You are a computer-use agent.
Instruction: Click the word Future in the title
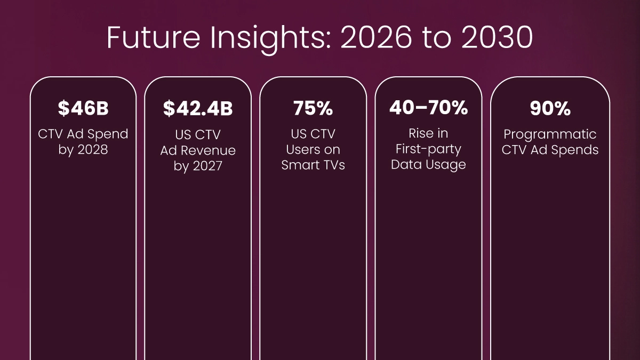pyautogui.click(x=154, y=37)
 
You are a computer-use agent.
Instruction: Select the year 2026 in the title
pyautogui.click(x=377, y=37)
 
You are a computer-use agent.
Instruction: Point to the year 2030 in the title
pyautogui.click(x=497, y=37)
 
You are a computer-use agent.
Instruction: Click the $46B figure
pyautogui.click(x=83, y=108)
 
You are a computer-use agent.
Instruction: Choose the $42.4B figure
pyautogui.click(x=198, y=108)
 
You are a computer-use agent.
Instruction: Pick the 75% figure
pyautogui.click(x=313, y=108)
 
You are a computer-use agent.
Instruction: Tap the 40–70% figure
pyautogui.click(x=429, y=108)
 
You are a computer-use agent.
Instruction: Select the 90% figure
pyautogui.click(x=550, y=108)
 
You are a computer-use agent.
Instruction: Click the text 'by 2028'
pyautogui.click(x=83, y=150)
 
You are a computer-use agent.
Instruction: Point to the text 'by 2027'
pyautogui.click(x=198, y=166)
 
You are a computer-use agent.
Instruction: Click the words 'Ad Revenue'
pyautogui.click(x=198, y=150)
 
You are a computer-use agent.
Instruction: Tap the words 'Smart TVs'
pyautogui.click(x=313, y=165)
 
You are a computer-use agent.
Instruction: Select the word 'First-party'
pyautogui.click(x=429, y=149)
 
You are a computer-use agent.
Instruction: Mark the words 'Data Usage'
pyautogui.click(x=429, y=165)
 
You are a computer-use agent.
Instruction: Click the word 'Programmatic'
pyautogui.click(x=550, y=134)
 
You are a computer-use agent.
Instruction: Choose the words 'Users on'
pyautogui.click(x=313, y=149)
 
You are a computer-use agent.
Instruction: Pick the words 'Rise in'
pyautogui.click(x=429, y=133)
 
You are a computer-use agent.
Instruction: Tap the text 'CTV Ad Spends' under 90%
pyautogui.click(x=550, y=150)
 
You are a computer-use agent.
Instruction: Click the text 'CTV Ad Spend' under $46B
pyautogui.click(x=83, y=134)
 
